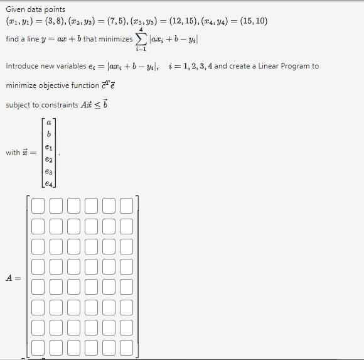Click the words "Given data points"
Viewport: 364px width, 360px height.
[x=35, y=9]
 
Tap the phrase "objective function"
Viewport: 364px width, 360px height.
[x=71, y=85]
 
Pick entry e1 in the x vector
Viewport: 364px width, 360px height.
[x=49, y=147]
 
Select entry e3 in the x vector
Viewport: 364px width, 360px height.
[x=49, y=171]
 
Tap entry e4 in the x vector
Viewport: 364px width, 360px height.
[x=49, y=183]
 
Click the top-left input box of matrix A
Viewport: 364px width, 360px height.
[x=38, y=206]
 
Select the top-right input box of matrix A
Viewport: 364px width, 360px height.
[x=127, y=206]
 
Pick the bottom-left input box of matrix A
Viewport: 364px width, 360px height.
[x=38, y=347]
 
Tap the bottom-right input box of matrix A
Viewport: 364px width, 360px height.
[x=127, y=347]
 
